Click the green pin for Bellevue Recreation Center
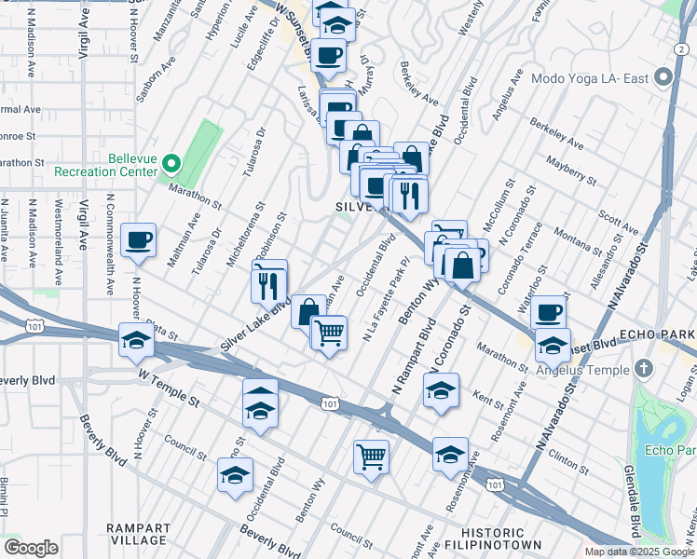click(171, 165)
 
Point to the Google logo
click(31, 548)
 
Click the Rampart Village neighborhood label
click(137, 533)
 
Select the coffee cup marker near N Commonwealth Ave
click(139, 240)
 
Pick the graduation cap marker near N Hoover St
click(136, 340)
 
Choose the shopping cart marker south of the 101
click(371, 457)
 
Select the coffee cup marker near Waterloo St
click(549, 312)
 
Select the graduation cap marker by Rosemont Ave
click(450, 454)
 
